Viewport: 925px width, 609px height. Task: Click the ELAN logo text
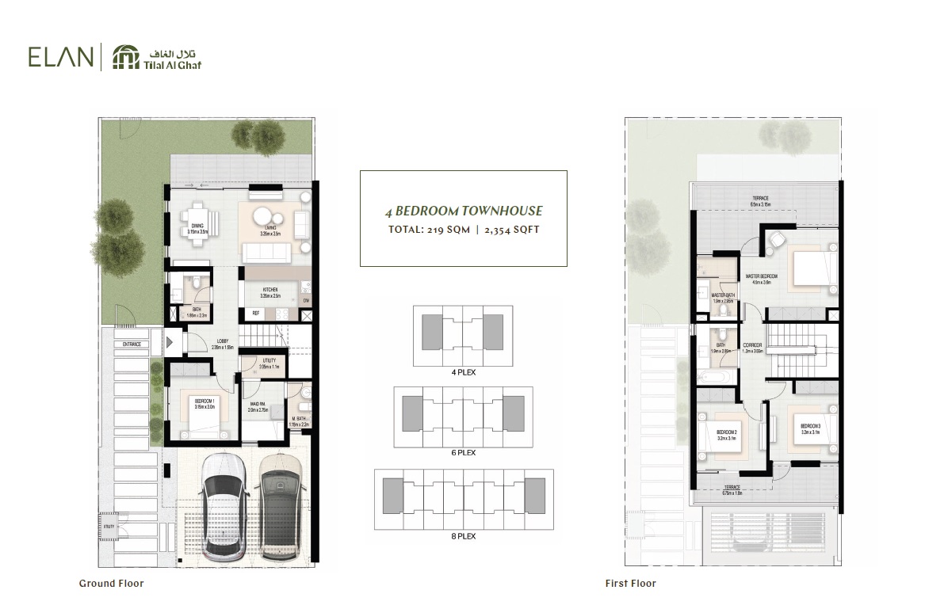click(60, 57)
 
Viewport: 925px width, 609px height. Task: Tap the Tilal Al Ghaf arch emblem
click(125, 57)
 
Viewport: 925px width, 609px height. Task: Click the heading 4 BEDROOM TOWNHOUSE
click(464, 211)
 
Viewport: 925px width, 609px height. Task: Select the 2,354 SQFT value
click(511, 230)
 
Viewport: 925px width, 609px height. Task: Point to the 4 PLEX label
click(463, 371)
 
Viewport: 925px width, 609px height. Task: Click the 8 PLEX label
click(463, 536)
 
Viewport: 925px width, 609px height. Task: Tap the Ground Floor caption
click(111, 584)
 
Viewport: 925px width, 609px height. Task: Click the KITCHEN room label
click(272, 291)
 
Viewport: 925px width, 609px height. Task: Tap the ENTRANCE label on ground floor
click(131, 344)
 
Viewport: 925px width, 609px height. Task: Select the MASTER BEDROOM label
click(761, 276)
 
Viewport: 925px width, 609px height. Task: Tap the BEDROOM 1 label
click(204, 402)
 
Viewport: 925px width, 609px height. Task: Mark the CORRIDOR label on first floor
click(753, 345)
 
